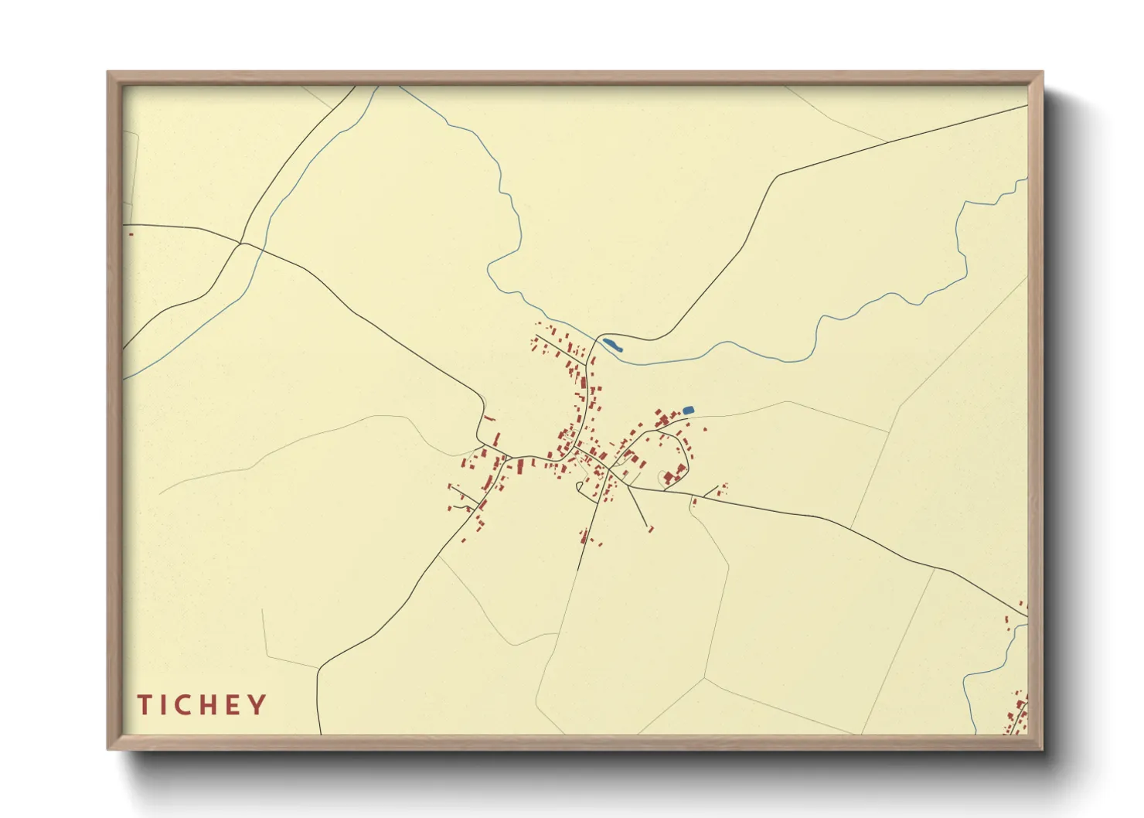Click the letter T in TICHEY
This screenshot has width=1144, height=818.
tap(145, 705)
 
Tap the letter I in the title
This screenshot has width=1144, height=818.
tap(164, 705)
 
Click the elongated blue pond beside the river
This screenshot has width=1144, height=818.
tap(611, 344)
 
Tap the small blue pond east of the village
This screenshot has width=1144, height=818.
tap(689, 410)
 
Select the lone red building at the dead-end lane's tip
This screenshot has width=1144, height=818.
tap(650, 529)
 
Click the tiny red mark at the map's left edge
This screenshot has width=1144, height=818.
tap(131, 233)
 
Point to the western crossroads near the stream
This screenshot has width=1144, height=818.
tap(241, 244)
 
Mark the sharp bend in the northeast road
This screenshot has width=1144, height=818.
tap(776, 176)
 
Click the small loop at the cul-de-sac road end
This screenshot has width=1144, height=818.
tap(579, 486)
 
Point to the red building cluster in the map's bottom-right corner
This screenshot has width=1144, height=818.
tap(1017, 715)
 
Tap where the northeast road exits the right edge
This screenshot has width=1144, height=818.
tap(1027, 106)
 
